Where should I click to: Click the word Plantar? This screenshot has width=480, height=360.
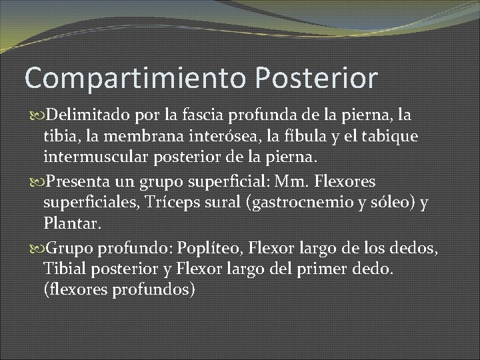73,223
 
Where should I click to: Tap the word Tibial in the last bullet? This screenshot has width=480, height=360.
64,268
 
